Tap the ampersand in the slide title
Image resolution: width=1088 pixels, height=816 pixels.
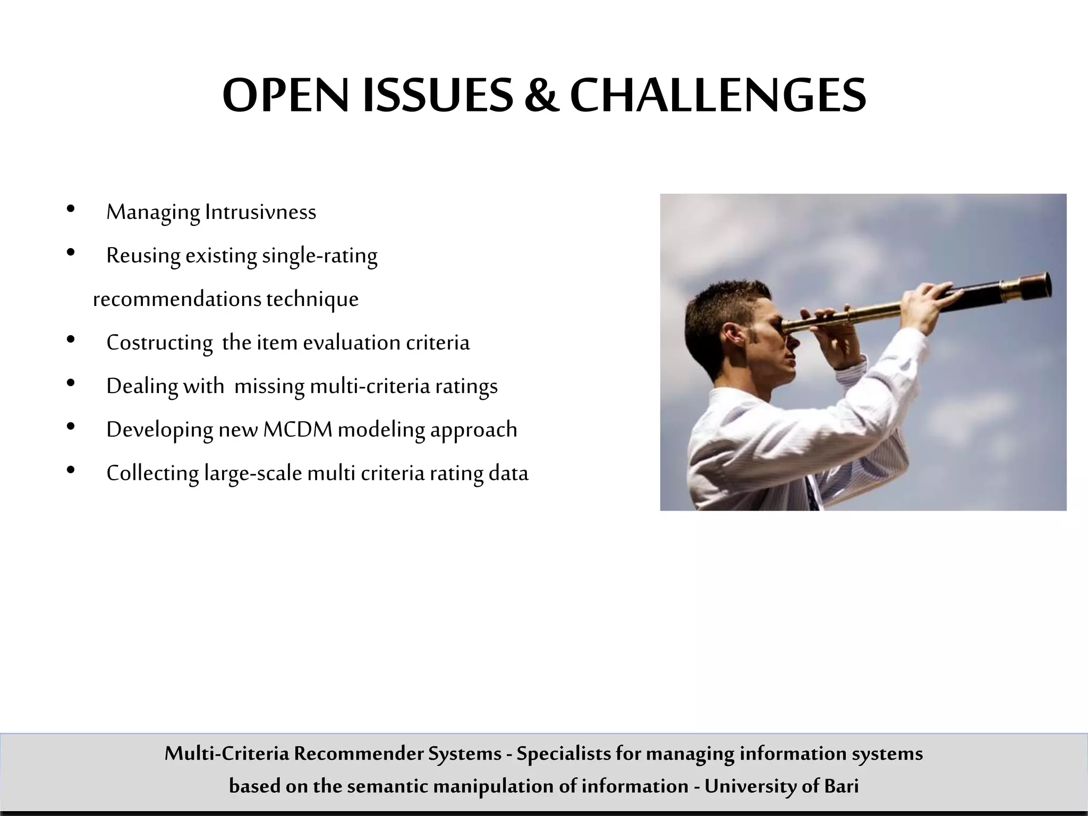tap(541, 96)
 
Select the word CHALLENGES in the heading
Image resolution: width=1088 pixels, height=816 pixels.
tap(718, 96)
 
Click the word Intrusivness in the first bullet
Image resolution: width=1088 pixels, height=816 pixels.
tap(260, 211)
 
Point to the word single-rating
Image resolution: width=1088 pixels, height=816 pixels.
tap(319, 256)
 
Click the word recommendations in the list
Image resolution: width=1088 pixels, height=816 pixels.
tap(177, 299)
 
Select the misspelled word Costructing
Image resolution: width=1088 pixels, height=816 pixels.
tap(159, 343)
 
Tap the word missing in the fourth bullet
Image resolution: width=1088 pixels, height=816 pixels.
tap(269, 386)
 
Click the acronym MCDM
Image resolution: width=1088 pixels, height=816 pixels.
tap(297, 429)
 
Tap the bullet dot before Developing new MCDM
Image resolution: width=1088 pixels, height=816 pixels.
tap(71, 427)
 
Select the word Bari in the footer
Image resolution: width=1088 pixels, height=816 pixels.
tap(841, 786)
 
